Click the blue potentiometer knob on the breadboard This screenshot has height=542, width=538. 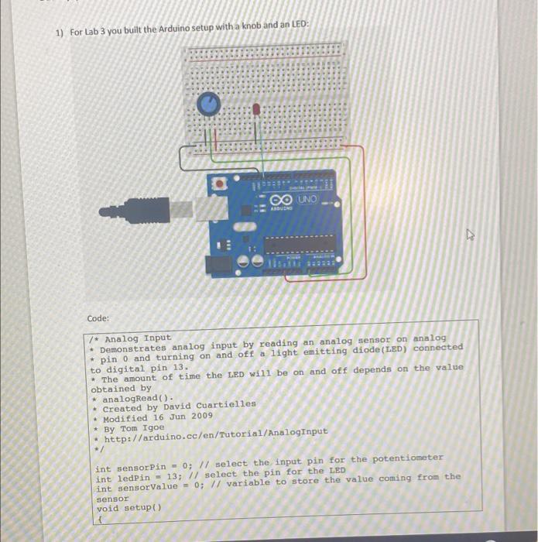207,103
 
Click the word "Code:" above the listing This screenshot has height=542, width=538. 98,318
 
